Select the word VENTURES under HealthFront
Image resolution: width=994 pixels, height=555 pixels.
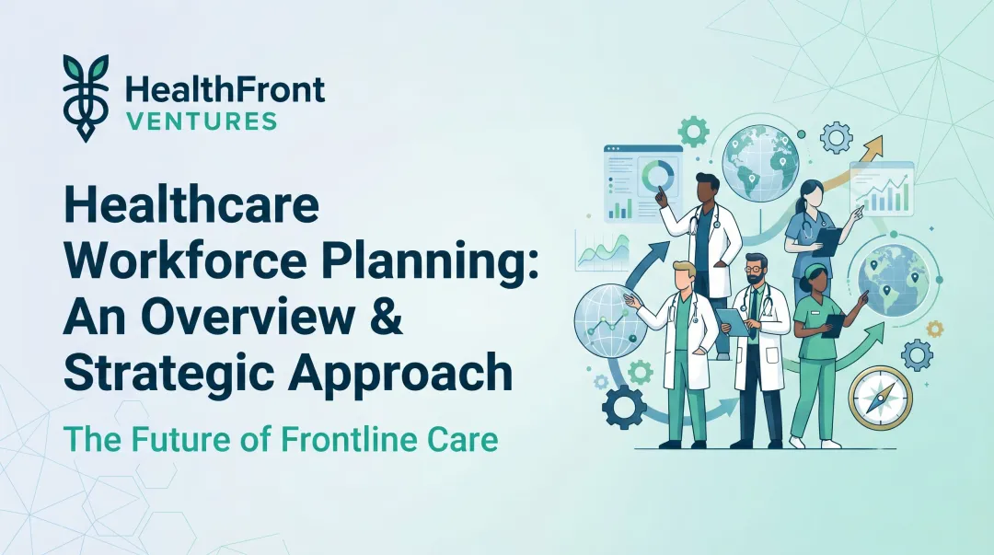click(x=200, y=121)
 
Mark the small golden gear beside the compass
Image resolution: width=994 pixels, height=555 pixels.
click(x=935, y=328)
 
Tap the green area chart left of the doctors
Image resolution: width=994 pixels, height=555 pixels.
click(x=602, y=250)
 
